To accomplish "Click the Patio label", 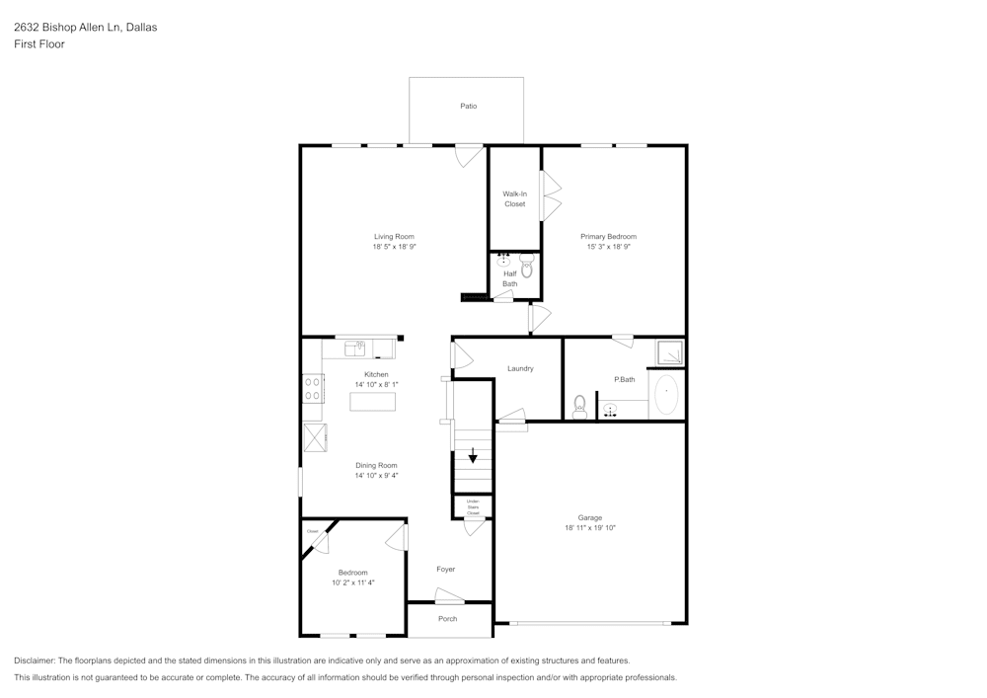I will pyautogui.click(x=468, y=106).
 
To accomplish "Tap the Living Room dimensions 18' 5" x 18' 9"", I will pyautogui.click(x=394, y=248).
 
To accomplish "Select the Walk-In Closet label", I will pyautogui.click(x=514, y=198).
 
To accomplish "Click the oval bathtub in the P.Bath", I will pyautogui.click(x=667, y=395).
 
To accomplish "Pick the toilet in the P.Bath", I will pyautogui.click(x=579, y=405).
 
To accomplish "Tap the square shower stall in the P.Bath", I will pyautogui.click(x=670, y=352).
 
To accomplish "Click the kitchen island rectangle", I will pyautogui.click(x=372, y=402).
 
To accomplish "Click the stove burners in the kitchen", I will pyautogui.click(x=312, y=389).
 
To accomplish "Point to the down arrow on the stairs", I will pyautogui.click(x=473, y=456).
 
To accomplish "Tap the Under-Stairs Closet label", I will pyautogui.click(x=473, y=507).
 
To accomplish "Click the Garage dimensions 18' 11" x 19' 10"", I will pyautogui.click(x=589, y=528).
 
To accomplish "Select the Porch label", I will pyautogui.click(x=448, y=619).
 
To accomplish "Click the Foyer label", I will pyautogui.click(x=446, y=569).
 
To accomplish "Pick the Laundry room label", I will pyautogui.click(x=520, y=368).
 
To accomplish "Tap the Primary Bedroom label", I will pyautogui.click(x=608, y=236).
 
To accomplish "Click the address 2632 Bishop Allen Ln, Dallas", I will pyautogui.click(x=85, y=28).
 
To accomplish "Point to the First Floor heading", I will pyautogui.click(x=39, y=44).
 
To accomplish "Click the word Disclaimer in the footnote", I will pyautogui.click(x=35, y=660).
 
